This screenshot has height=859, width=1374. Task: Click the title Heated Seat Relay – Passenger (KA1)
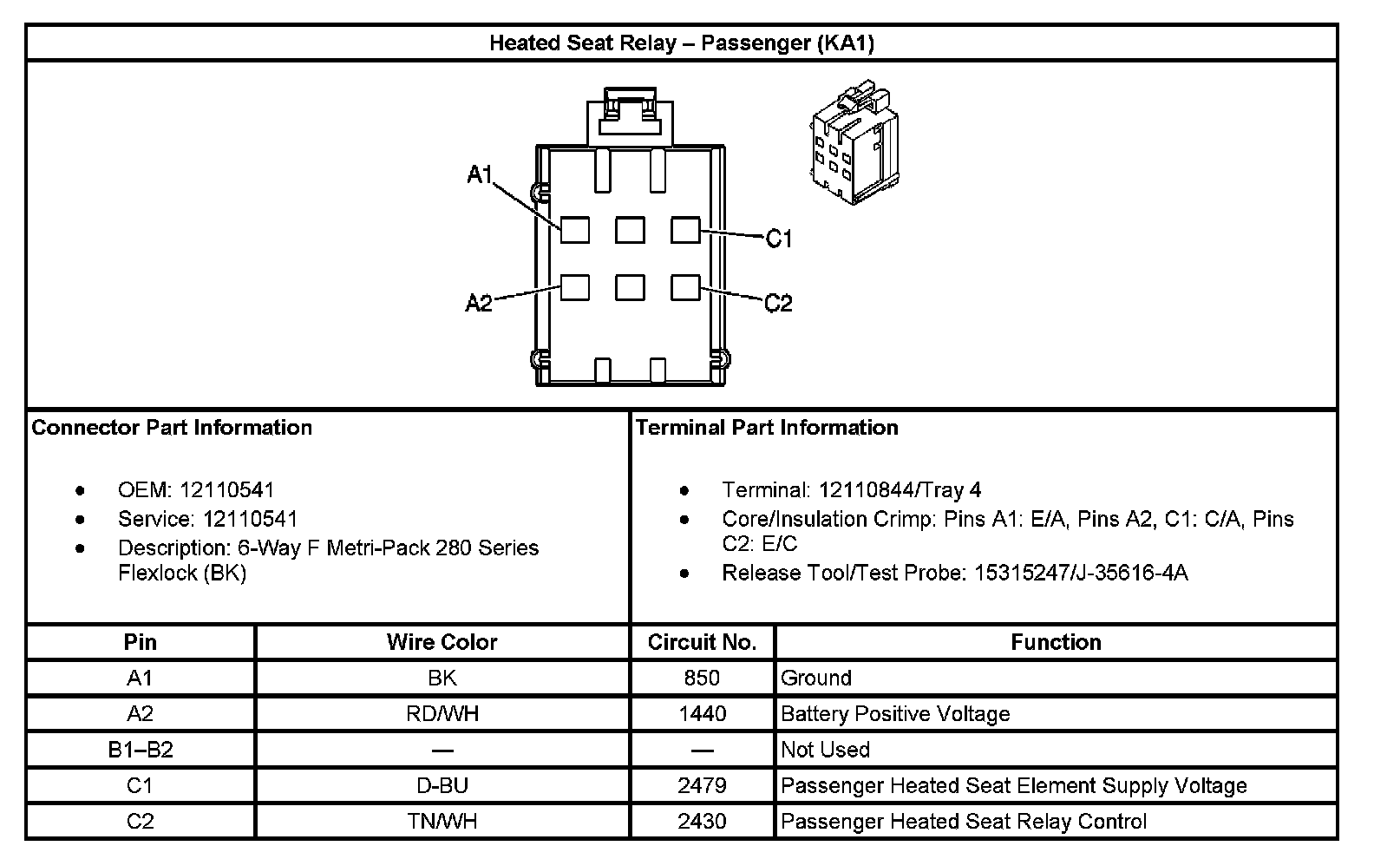[x=681, y=43]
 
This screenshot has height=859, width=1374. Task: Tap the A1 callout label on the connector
[x=480, y=175]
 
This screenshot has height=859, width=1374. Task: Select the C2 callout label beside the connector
[x=779, y=303]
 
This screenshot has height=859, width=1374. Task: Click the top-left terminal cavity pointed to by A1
[x=575, y=230]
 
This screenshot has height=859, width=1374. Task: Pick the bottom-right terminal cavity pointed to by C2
[x=685, y=287]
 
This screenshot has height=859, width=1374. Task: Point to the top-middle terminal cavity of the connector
[x=630, y=230]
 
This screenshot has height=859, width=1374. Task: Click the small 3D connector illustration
[x=852, y=141]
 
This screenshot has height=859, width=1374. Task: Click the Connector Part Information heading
[x=172, y=428]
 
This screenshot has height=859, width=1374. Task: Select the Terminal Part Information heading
[x=767, y=428]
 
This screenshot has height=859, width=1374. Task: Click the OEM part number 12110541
[x=227, y=490]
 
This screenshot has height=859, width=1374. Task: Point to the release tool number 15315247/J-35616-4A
[x=1081, y=573]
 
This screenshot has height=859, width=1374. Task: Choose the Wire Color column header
[x=442, y=642]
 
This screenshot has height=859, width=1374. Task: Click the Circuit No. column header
[x=702, y=642]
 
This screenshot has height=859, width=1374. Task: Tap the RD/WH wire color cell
[x=442, y=714]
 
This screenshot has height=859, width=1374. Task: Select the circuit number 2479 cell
[x=702, y=785]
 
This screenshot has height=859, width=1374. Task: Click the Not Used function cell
[x=825, y=750]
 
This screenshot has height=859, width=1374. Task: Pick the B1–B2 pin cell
[x=141, y=750]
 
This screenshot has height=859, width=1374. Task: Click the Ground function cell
[x=816, y=678]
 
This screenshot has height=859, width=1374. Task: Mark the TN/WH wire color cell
[x=442, y=821]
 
